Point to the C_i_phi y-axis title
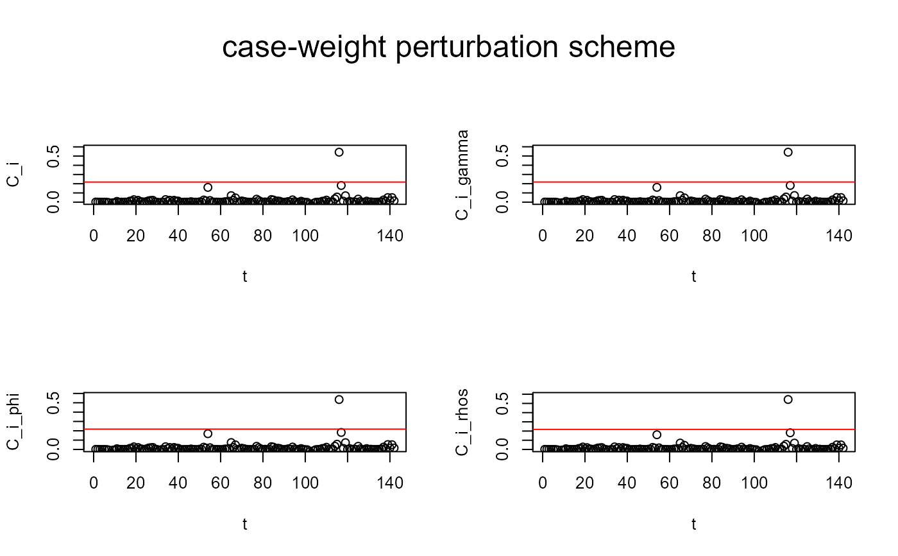tap(12, 422)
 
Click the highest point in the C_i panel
tap(339, 152)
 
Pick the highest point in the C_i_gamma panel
tap(788, 152)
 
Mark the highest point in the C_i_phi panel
tap(339, 399)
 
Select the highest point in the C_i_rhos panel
tap(788, 399)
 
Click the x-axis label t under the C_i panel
tap(244, 277)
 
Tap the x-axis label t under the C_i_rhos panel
tap(693, 524)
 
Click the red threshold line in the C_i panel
tap(192, 182)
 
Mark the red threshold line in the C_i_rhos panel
tap(641, 429)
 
